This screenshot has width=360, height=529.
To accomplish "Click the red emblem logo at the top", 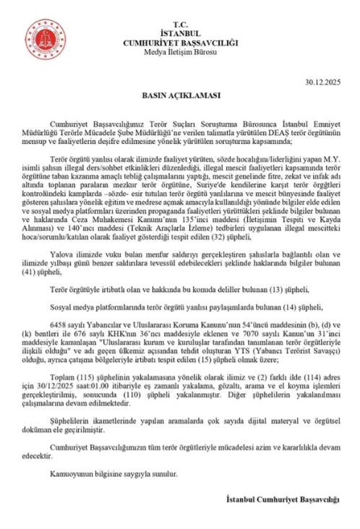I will (x=46, y=37).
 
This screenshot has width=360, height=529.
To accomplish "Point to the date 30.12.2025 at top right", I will (x=324, y=83).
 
